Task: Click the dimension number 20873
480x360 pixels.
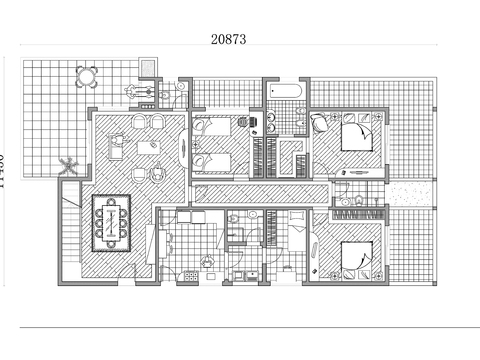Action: [229, 39]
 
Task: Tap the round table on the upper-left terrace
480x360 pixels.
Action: [88, 75]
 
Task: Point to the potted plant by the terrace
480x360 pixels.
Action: [67, 164]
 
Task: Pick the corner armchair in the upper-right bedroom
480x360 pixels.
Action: [319, 125]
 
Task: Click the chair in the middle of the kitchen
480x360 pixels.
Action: [207, 261]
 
